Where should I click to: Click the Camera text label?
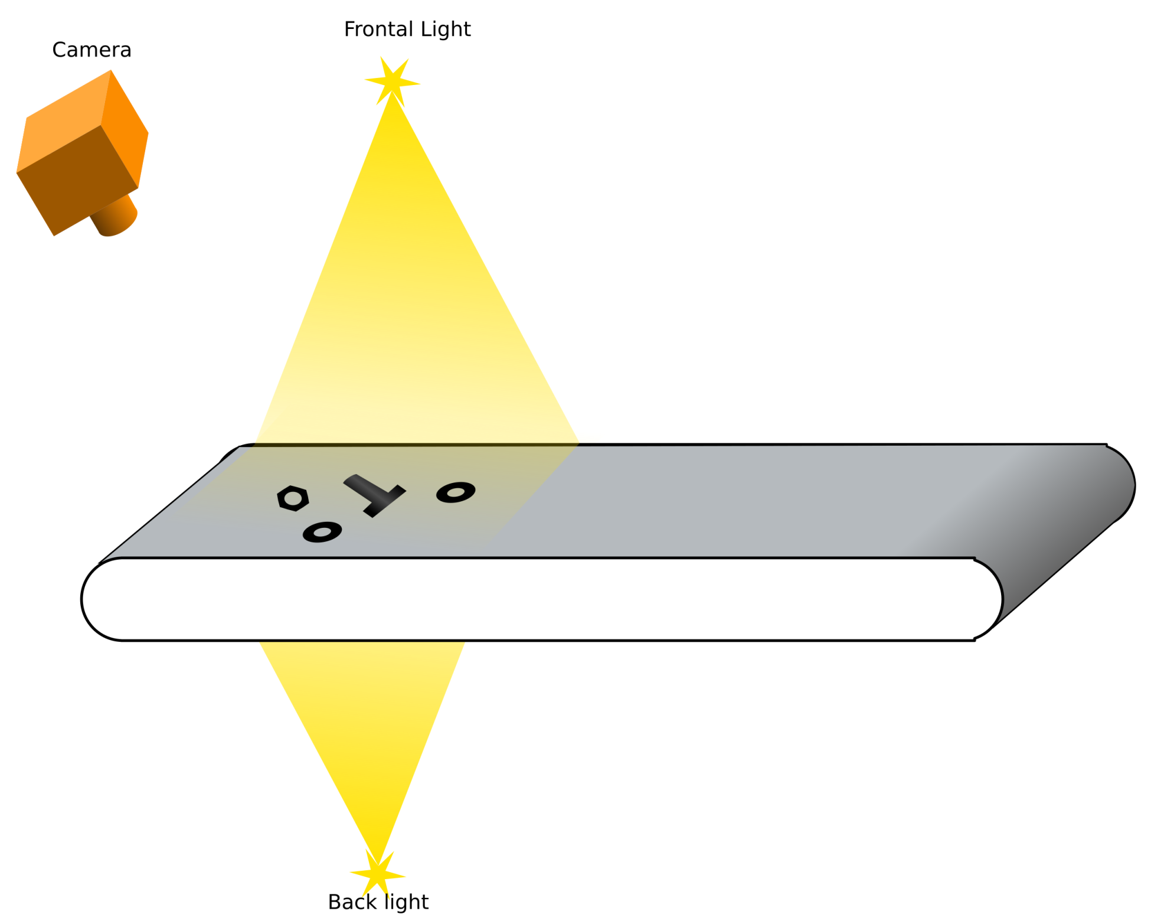[91, 50]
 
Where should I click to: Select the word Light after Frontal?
[444, 30]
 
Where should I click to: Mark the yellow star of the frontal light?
[392, 81]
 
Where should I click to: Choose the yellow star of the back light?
[377, 873]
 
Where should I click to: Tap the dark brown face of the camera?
[77, 180]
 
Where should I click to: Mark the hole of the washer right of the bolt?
[456, 492]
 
